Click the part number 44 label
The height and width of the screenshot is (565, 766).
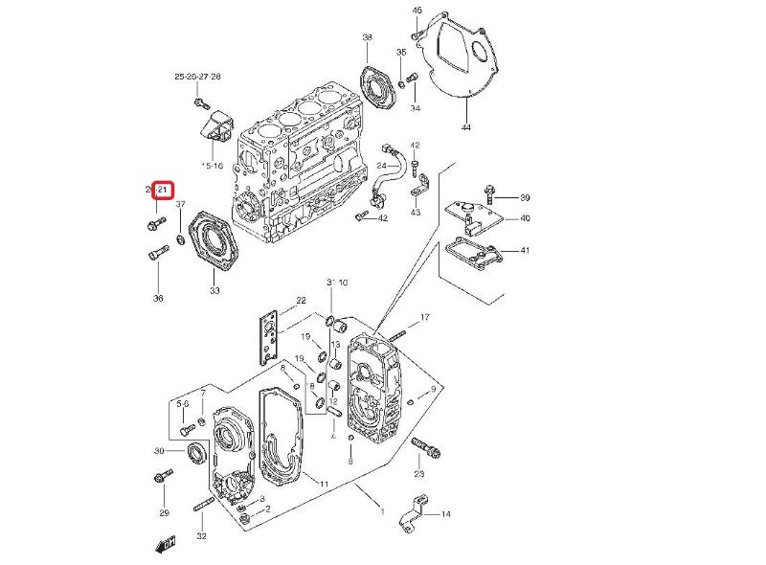click(x=466, y=127)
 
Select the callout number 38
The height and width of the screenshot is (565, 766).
click(x=368, y=37)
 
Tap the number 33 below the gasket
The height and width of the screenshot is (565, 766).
click(x=214, y=290)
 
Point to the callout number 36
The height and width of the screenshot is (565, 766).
click(x=158, y=298)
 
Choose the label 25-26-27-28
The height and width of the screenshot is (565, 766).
click(x=197, y=76)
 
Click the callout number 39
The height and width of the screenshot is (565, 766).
click(x=525, y=197)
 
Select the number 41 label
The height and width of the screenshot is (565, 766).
click(x=525, y=251)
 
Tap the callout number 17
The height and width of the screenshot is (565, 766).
click(x=425, y=317)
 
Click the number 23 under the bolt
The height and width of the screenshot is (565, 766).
click(x=418, y=474)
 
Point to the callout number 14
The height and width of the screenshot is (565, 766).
click(x=445, y=515)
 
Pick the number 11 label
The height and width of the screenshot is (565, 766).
click(x=325, y=484)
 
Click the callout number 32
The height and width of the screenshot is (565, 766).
click(x=201, y=535)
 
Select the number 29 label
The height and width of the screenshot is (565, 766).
click(x=164, y=513)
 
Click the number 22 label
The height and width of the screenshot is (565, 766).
click(x=301, y=301)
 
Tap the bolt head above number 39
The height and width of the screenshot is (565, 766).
click(x=489, y=188)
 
